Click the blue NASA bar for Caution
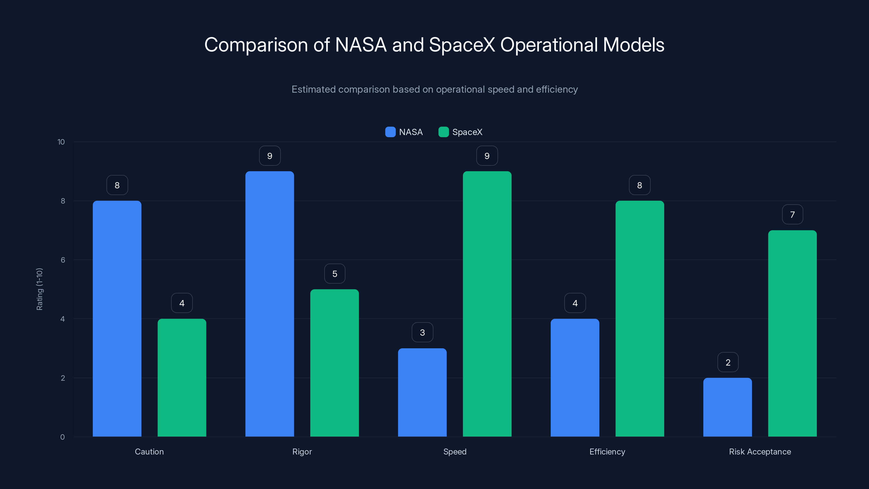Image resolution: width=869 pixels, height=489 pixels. point(117,319)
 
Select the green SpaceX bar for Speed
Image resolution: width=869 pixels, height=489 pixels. point(487,304)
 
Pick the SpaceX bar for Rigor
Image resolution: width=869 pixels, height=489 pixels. point(334,363)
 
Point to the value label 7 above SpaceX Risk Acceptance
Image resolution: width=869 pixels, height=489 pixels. point(792,215)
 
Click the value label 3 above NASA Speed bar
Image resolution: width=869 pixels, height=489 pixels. point(422,333)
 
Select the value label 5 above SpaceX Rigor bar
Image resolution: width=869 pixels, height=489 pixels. point(335,274)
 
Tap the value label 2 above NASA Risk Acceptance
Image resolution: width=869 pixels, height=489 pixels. point(728,362)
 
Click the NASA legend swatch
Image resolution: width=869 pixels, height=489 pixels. point(390,132)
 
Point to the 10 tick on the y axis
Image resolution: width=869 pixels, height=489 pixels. point(61,142)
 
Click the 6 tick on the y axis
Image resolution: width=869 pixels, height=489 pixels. point(63,260)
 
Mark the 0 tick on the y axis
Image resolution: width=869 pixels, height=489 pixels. point(62,437)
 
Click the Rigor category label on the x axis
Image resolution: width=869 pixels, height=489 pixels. point(302,452)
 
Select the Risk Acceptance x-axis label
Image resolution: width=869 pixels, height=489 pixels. point(760,452)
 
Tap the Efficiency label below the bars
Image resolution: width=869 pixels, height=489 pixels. point(607,452)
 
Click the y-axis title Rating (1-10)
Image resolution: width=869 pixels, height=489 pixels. point(39,289)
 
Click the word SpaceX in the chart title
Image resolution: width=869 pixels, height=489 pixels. point(462,45)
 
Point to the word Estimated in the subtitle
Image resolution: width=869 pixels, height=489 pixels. point(313,89)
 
